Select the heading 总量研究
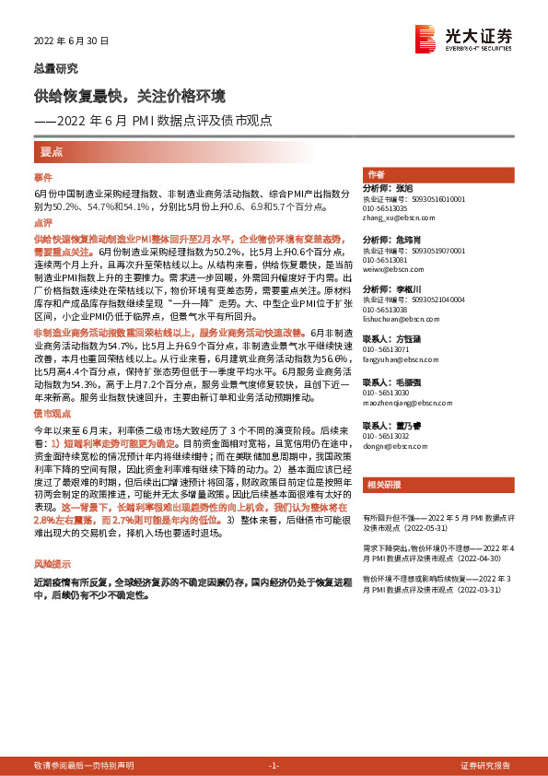point(56,68)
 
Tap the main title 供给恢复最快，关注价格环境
point(129,96)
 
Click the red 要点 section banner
point(51,151)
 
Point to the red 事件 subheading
point(43,177)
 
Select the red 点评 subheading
point(43,222)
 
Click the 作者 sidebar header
point(376,174)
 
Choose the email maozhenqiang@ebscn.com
point(402,403)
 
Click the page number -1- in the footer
point(273,767)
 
